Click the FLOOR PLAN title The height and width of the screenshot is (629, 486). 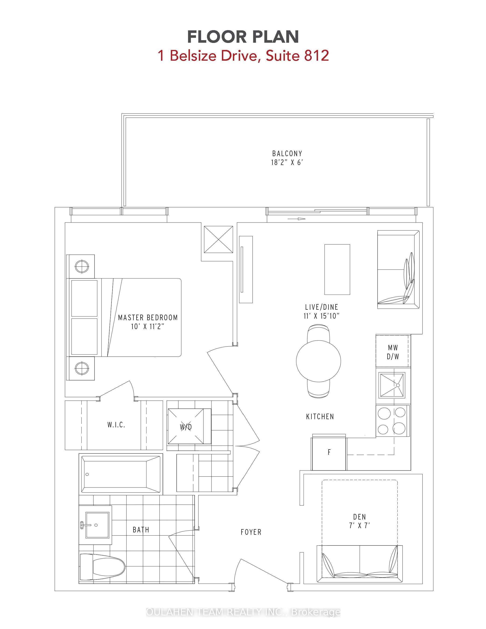pos(243,37)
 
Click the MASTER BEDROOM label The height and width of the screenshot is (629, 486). pos(148,317)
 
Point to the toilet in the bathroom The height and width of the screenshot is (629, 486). pos(102,567)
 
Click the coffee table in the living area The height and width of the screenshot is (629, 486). pos(337,269)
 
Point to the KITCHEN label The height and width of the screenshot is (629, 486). pos(320,416)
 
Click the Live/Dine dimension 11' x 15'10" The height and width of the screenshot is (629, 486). pos(322,316)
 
